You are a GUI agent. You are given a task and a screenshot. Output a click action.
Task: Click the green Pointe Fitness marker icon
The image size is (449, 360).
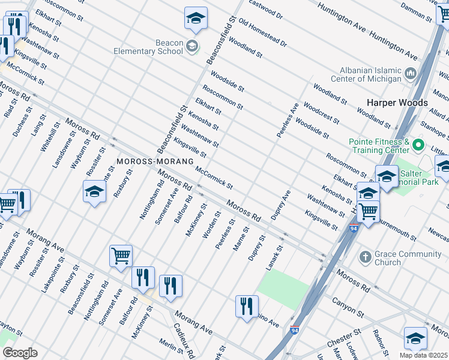tap(418, 145)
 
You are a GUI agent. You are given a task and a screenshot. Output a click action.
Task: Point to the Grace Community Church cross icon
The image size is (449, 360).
tap(364, 257)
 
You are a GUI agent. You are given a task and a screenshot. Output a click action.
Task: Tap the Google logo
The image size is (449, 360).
tap(20, 353)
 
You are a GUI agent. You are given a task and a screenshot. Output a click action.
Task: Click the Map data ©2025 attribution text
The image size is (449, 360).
tap(423, 355)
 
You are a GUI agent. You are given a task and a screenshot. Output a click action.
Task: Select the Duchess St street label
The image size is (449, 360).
tap(18, 122)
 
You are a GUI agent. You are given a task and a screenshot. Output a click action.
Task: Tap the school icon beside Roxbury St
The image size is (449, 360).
tap(94, 191)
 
